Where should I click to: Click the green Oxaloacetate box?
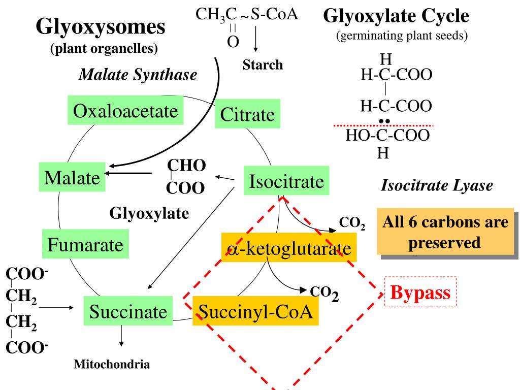click(126, 111)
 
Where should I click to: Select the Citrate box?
click(248, 115)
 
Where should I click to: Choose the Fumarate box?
click(85, 245)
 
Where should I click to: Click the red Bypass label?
click(420, 292)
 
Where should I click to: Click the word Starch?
click(263, 65)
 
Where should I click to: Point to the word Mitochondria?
click(112, 364)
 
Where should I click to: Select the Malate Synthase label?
click(138, 76)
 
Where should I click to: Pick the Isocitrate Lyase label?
click(436, 186)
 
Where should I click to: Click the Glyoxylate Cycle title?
click(396, 17)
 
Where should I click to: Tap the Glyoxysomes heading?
click(101, 27)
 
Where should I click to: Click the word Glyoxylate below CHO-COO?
click(149, 213)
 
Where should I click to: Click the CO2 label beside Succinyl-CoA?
click(324, 292)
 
